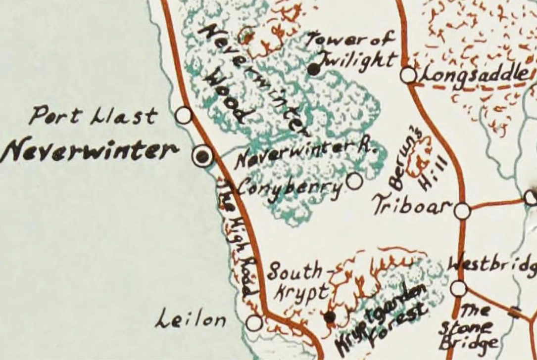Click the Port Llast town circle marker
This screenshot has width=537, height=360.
tap(184, 115)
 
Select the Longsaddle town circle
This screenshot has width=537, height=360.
tap(408, 75)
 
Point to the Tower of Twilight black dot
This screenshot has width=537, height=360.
tap(313, 69)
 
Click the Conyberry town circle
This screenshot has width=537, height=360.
tap(354, 181)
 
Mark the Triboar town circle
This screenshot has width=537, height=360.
tap(462, 211)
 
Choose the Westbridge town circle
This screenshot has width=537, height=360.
tap(458, 288)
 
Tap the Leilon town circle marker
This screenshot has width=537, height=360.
tap(254, 323)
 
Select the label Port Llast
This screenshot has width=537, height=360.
tap(93, 116)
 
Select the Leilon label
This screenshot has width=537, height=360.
tap(191, 320)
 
